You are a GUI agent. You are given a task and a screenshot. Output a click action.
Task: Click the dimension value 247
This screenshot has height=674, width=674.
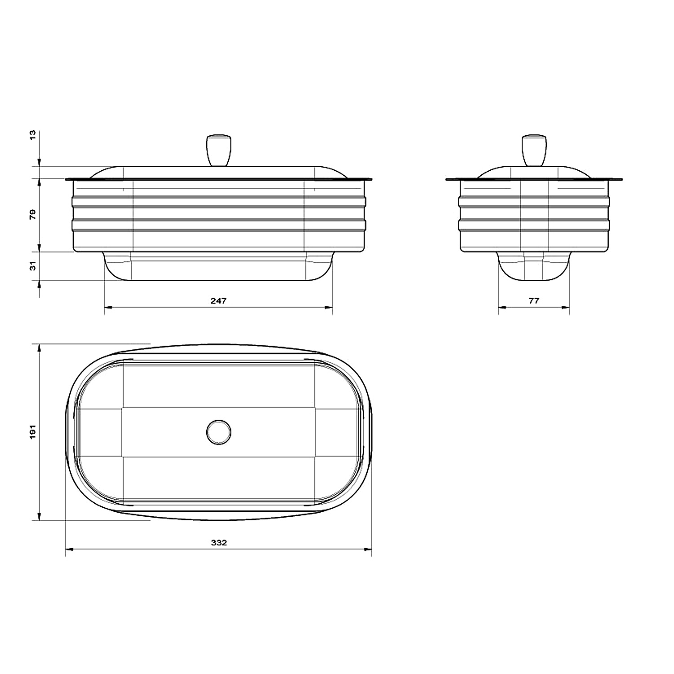[218, 301]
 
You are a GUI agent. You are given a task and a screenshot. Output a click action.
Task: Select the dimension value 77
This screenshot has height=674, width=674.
[533, 301]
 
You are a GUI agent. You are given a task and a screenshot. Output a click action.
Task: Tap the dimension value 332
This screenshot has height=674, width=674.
[219, 542]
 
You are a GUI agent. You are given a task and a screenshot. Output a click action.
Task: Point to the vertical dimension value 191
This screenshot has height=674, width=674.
[32, 432]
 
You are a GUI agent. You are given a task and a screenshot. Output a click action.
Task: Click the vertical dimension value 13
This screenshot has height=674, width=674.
[32, 135]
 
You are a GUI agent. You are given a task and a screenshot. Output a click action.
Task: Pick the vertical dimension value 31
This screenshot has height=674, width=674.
[32, 266]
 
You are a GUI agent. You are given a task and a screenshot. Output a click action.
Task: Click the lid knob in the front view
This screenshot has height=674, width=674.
[218, 150]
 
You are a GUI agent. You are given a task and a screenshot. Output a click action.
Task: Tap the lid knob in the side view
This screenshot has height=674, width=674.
[534, 150]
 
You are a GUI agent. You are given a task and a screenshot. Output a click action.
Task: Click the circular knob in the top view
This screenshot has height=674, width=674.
[219, 432]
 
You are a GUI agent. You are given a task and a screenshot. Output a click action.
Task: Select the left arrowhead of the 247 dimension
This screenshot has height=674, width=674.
[108, 307]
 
